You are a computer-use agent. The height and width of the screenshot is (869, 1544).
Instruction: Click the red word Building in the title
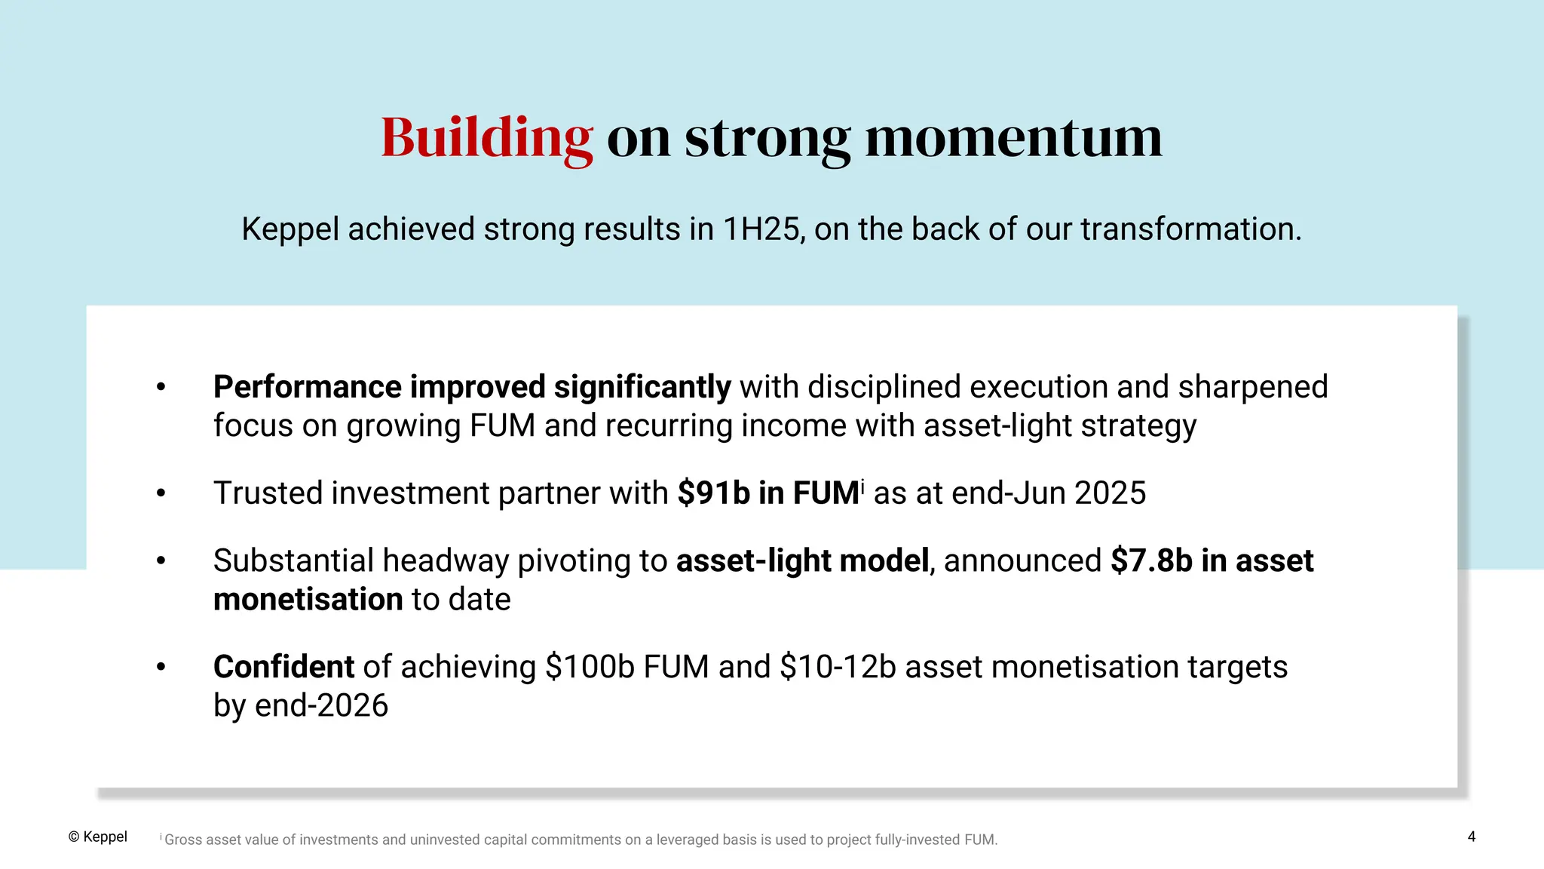(486, 138)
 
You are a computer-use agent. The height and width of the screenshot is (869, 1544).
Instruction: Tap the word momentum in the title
(1013, 138)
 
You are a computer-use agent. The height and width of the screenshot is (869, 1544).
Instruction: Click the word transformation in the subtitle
(1190, 229)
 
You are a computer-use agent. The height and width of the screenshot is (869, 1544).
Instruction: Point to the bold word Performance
(307, 387)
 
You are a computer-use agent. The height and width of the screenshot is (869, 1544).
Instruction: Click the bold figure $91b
(713, 493)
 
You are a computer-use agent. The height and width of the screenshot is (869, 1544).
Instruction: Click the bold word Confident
(283, 667)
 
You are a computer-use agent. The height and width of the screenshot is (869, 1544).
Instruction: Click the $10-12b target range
(838, 667)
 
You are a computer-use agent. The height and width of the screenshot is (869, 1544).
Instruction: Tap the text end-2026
(322, 706)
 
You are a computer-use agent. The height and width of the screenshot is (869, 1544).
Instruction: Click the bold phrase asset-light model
(802, 561)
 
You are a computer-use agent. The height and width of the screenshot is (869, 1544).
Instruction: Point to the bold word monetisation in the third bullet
(308, 600)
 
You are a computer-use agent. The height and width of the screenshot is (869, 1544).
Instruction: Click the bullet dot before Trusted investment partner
(161, 494)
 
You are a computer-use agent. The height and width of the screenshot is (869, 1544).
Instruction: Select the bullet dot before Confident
(161, 668)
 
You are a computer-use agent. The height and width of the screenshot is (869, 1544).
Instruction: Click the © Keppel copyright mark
(98, 837)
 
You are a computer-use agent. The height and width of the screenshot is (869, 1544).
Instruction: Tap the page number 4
(1471, 837)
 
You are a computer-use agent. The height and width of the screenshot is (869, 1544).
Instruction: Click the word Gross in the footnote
(182, 840)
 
